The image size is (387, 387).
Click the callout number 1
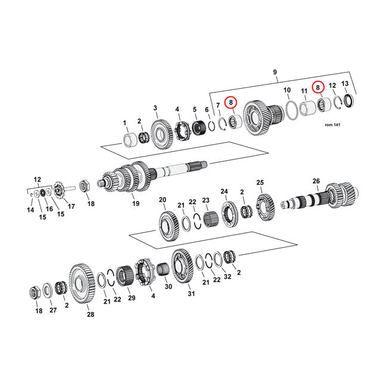tap(125, 123)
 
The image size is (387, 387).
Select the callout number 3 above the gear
tap(155, 108)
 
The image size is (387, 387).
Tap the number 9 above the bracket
tap(274, 73)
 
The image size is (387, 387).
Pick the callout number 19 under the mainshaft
tap(136, 204)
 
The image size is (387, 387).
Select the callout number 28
tap(91, 314)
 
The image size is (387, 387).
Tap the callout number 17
tap(71, 207)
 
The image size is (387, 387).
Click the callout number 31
tap(191, 292)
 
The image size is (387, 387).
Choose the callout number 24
tap(224, 191)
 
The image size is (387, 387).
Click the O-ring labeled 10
tap(290, 110)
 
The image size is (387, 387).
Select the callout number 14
tap(30, 210)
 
